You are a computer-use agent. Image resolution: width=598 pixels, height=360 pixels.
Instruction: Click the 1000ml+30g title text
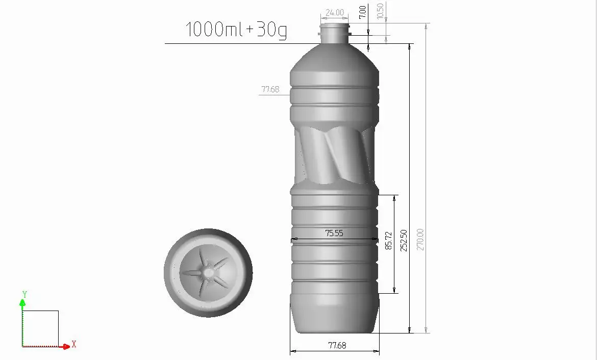(236, 30)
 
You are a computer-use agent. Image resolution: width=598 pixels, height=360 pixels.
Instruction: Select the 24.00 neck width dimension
(335, 13)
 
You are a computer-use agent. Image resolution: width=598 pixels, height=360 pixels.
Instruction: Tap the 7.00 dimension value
(362, 12)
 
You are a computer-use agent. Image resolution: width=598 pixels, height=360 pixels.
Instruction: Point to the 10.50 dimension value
(380, 11)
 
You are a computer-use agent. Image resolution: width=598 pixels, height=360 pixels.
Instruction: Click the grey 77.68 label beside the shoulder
(270, 89)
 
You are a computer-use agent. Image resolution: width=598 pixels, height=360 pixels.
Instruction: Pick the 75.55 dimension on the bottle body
(334, 233)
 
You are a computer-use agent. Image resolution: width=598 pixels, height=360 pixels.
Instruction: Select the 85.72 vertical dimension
(389, 241)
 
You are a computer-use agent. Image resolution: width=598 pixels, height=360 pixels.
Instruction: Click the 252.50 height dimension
(404, 240)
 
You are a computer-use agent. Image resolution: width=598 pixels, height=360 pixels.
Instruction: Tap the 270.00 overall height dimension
(420, 239)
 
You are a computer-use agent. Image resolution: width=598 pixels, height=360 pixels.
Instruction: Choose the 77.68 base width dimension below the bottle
(337, 346)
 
